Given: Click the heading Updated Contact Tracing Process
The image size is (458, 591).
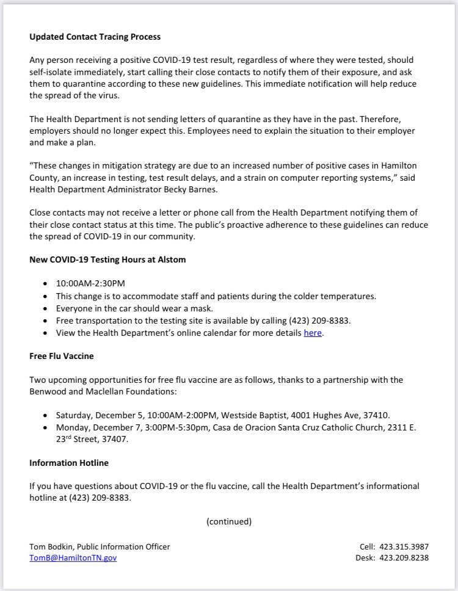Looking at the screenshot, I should [95, 37].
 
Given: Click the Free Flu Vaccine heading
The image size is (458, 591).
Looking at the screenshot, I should [61, 355].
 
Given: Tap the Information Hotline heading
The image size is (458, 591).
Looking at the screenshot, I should [68, 463].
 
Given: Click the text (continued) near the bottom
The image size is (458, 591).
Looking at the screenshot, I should [229, 521].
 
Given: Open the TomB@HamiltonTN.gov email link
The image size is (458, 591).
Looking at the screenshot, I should [73, 557].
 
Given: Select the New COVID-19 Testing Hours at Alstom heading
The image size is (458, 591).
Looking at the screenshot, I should [107, 259].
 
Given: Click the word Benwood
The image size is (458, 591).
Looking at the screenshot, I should [48, 391].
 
